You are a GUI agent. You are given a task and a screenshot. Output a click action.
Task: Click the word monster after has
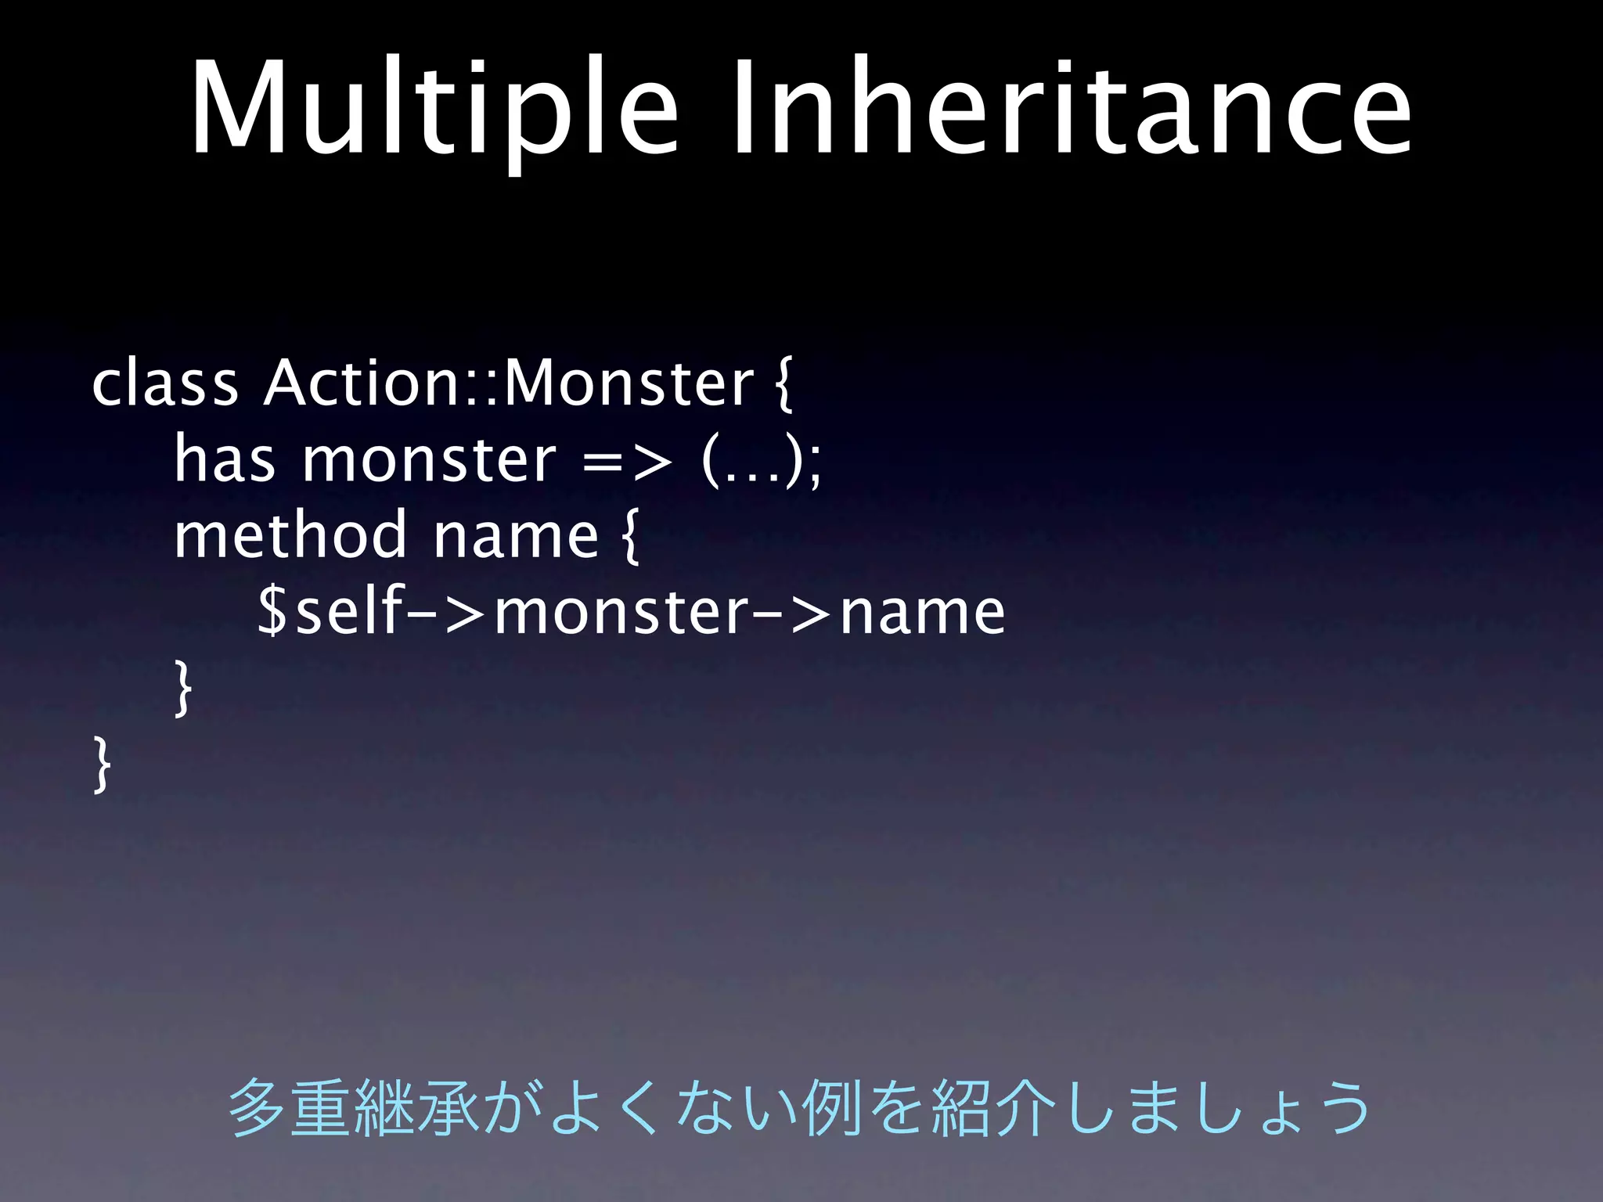[x=429, y=459]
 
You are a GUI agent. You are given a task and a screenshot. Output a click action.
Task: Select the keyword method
[x=290, y=535]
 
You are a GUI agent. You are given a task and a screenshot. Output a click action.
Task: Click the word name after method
[x=516, y=537]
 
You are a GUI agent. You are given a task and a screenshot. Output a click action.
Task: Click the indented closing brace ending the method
[x=182, y=688]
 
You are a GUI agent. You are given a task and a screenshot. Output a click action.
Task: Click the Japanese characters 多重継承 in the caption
[x=352, y=1107]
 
